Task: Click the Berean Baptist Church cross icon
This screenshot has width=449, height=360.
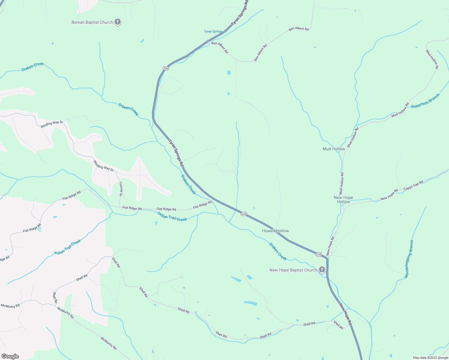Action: pos(118,22)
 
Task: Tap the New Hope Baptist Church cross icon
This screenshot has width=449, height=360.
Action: pos(322,270)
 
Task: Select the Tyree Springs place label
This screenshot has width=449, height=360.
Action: pos(213,31)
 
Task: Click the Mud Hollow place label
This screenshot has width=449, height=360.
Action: pos(334,149)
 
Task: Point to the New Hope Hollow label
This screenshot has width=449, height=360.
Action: pos(343,199)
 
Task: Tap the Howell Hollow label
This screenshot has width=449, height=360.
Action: pos(275,231)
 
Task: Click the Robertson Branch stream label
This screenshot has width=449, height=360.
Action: pos(425,101)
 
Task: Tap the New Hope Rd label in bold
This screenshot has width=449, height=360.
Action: pos(345,314)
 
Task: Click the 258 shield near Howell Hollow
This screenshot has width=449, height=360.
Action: pos(243,214)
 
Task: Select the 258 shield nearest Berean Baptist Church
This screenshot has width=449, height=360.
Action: pos(166,68)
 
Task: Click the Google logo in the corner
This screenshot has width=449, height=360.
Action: pos(10,356)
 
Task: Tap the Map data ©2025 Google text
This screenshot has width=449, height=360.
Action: pos(430,358)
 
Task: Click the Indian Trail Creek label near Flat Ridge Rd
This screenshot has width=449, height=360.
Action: pos(172,216)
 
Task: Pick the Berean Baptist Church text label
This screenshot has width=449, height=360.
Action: pos(92,22)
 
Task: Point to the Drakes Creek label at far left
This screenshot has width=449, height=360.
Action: pos(33,67)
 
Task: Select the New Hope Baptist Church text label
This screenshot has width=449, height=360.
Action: pos(293,270)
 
